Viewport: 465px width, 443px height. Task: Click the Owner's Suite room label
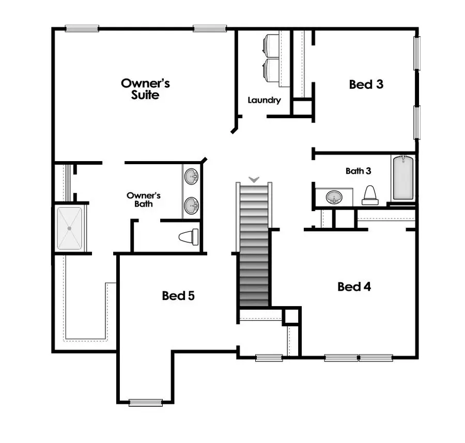click(145, 89)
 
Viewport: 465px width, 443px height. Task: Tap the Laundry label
click(264, 100)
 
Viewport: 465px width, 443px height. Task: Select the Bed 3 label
click(366, 84)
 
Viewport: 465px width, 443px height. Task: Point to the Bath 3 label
click(359, 171)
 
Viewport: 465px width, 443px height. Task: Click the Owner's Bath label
click(144, 199)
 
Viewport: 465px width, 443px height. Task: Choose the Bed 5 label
click(178, 296)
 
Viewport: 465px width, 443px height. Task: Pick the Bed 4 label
click(354, 287)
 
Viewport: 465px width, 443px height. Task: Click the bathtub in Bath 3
click(404, 178)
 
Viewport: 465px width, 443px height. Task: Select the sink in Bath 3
click(333, 197)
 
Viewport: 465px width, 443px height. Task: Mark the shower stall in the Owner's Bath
click(69, 229)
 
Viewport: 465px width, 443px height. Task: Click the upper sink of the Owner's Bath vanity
click(192, 177)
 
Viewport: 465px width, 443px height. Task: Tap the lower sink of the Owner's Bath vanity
click(192, 205)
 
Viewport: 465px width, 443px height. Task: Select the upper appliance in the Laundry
click(272, 45)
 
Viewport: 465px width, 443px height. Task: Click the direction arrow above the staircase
click(254, 179)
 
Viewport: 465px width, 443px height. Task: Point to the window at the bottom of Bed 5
click(145, 403)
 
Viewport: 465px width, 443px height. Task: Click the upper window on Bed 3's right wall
click(417, 53)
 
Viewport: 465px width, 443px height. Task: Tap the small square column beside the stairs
click(291, 315)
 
